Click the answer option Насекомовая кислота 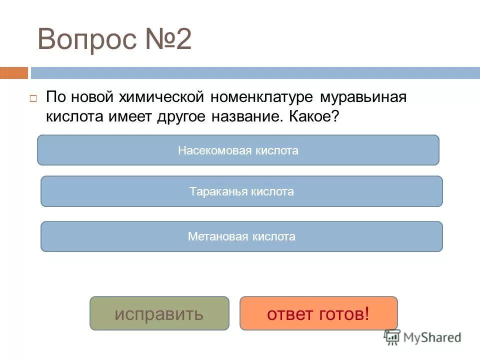238,150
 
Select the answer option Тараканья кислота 241,191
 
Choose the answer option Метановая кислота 241,236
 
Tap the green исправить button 159,313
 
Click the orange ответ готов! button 318,313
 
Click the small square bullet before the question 33,98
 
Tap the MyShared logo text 431,337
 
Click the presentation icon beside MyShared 392,337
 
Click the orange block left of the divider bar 14,73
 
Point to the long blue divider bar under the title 255,73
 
